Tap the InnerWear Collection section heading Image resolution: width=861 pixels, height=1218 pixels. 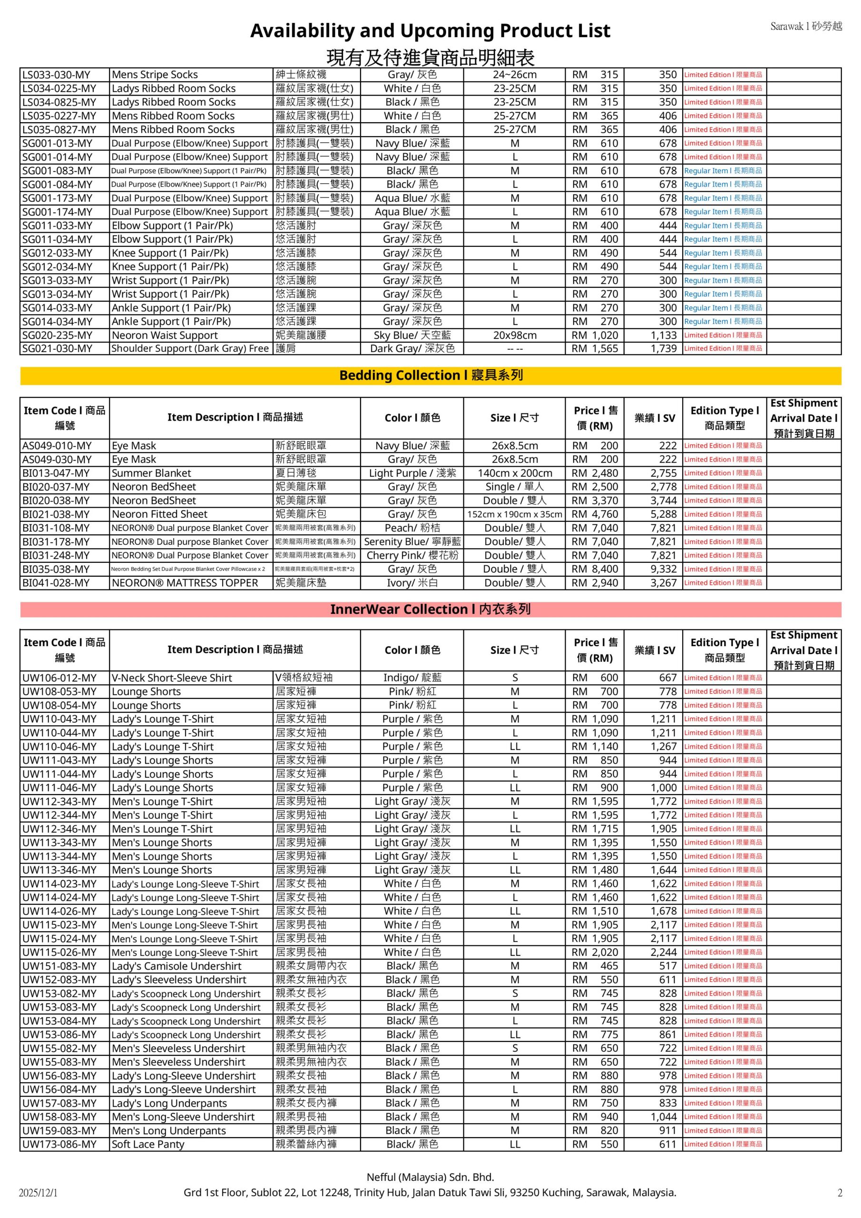430,609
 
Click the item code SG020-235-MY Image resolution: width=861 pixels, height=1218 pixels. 57,335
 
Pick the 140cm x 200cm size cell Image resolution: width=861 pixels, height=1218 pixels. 515,473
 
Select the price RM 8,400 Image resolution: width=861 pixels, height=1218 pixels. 595,569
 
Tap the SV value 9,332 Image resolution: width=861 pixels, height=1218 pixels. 664,569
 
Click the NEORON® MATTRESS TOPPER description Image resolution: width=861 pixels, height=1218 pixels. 185,583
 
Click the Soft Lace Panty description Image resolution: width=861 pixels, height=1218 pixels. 148,1144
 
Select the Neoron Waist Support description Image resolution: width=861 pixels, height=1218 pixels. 165,335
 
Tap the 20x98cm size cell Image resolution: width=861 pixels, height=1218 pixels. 515,335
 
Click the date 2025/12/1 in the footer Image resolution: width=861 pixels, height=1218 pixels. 38,1193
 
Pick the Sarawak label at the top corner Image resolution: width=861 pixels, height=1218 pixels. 806,26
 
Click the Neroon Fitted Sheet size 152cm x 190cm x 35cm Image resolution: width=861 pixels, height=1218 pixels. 515,515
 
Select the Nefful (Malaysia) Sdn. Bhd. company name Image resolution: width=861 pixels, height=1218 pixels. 430,1177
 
